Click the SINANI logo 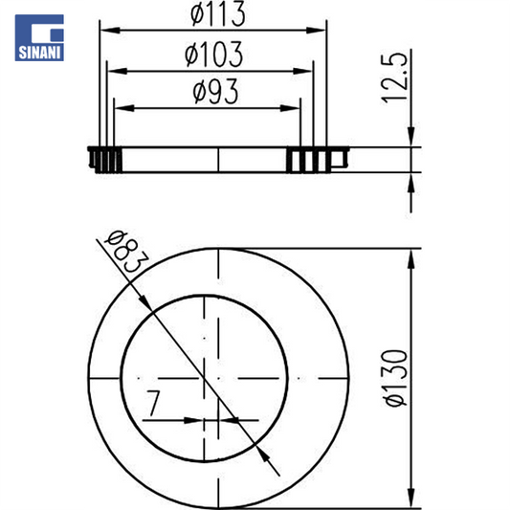coord(39,37)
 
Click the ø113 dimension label coord(217,13)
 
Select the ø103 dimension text coord(213,54)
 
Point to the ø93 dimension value coord(215,92)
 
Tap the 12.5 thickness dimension coord(394,78)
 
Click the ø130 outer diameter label coord(395,378)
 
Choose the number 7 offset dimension coord(153,403)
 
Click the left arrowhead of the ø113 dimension coord(110,31)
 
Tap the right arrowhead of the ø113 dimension coord(316,31)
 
